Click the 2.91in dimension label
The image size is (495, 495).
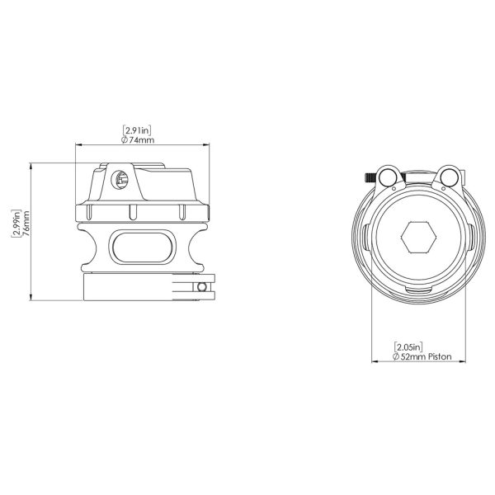click(137, 130)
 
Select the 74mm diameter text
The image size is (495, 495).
click(142, 140)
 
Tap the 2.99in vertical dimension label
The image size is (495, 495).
click(16, 224)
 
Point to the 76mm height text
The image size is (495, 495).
click(26, 224)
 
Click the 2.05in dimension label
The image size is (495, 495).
click(408, 347)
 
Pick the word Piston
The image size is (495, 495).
click(440, 356)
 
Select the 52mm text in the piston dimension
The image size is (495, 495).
click(413, 356)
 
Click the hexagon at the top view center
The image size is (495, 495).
click(418, 238)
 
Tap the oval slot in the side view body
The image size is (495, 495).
click(142, 247)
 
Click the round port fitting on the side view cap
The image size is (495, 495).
click(120, 180)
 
